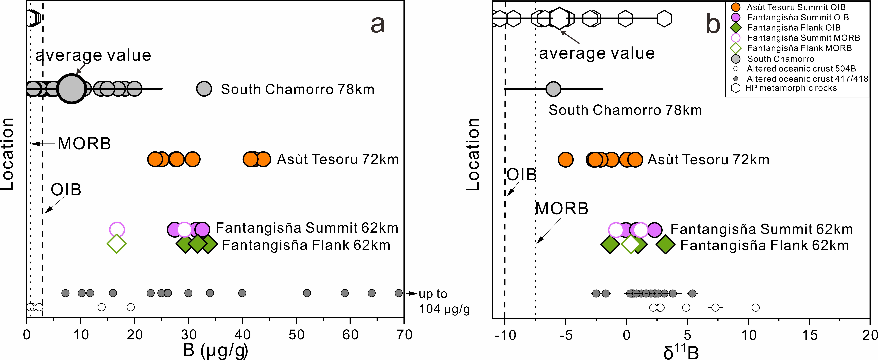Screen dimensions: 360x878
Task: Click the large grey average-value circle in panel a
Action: (71, 89)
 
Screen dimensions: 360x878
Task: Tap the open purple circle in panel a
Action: (117, 229)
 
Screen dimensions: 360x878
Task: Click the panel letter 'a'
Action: (378, 25)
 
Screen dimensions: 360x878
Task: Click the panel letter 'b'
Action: (713, 25)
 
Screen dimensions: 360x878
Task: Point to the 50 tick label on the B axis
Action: (296, 335)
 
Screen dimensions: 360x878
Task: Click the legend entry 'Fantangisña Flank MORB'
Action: (799, 48)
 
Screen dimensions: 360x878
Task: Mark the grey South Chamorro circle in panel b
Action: (553, 89)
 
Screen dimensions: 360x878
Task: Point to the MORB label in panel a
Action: (84, 144)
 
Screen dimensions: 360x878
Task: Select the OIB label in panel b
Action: (521, 175)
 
